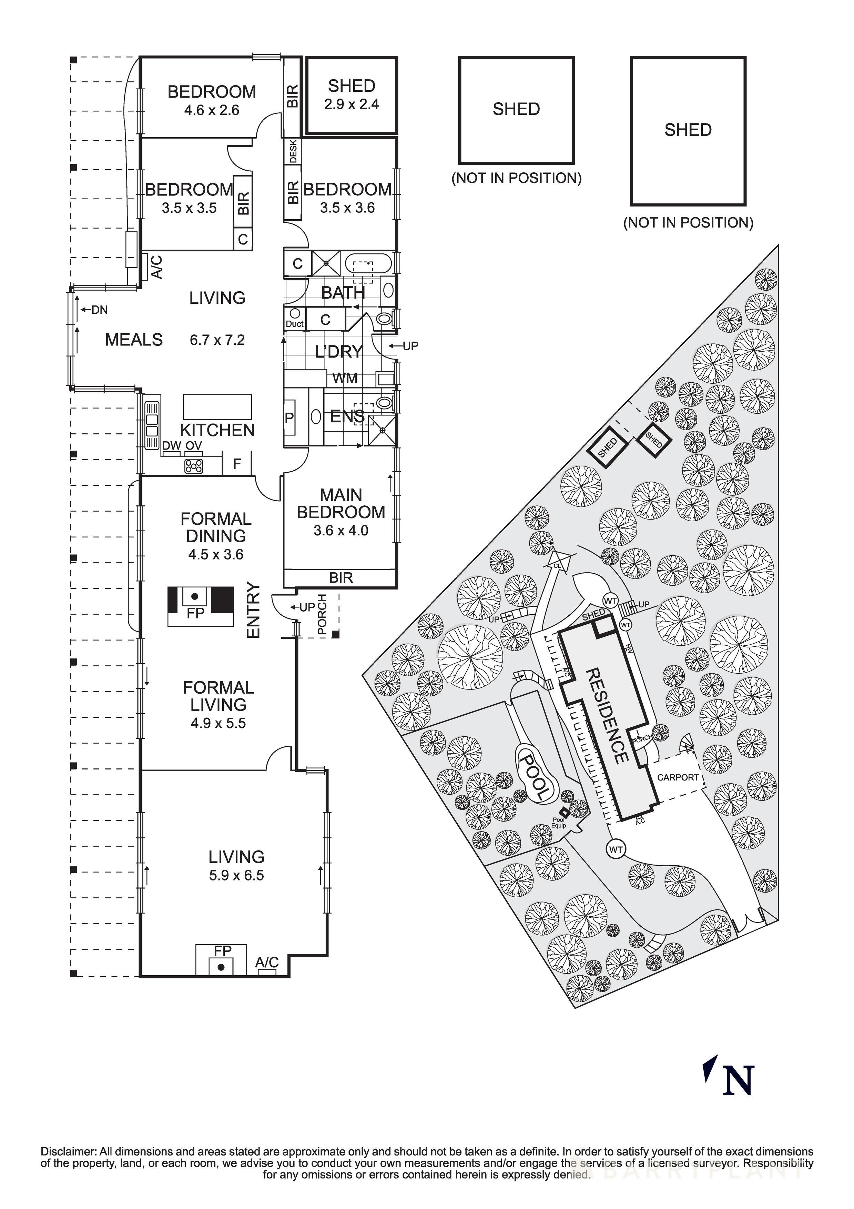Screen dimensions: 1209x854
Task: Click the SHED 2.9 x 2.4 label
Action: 351,95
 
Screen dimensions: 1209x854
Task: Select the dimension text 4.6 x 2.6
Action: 212,110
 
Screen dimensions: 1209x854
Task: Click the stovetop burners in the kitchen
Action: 193,465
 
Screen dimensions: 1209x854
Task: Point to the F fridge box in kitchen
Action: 237,463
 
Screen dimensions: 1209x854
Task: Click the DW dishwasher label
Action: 171,445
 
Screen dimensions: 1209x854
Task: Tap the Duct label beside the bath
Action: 294,324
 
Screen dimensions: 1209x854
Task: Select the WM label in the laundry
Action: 345,378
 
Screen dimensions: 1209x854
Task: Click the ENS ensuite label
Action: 347,416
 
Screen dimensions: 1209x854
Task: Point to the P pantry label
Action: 289,419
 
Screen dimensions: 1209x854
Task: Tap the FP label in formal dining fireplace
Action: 195,613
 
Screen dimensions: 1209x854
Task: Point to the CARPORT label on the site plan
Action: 678,777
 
